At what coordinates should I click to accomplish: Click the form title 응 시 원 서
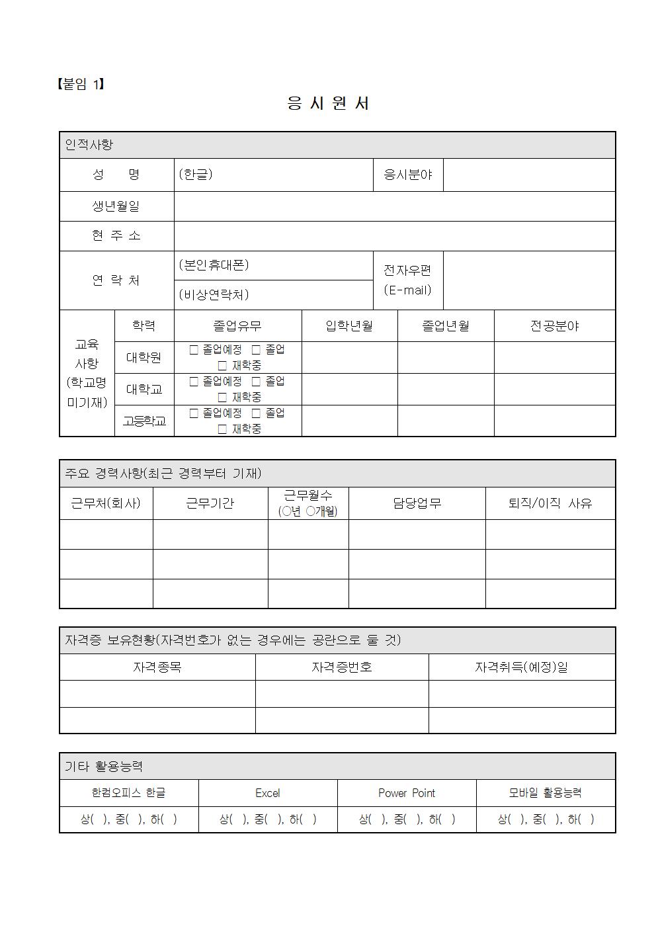point(328,103)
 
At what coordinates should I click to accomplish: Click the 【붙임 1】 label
point(80,84)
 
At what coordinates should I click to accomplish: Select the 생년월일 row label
point(116,206)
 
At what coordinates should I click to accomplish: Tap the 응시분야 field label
point(408,175)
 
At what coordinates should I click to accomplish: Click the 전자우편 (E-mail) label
point(408,280)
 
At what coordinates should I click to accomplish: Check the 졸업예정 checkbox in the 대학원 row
point(194,350)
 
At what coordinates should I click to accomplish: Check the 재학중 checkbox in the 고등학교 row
point(223,429)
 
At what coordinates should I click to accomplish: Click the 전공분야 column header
point(554,326)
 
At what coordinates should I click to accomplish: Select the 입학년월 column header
point(349,326)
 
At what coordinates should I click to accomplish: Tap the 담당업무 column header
point(417,503)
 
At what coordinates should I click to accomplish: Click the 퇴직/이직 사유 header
point(550,503)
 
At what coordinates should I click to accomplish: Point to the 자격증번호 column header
point(341,667)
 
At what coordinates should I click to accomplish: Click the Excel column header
point(268,793)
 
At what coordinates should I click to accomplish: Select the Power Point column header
point(407,793)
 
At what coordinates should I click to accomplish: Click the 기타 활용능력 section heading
point(104,767)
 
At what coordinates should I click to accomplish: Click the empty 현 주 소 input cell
point(394,236)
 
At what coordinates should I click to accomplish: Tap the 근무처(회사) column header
point(106,503)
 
